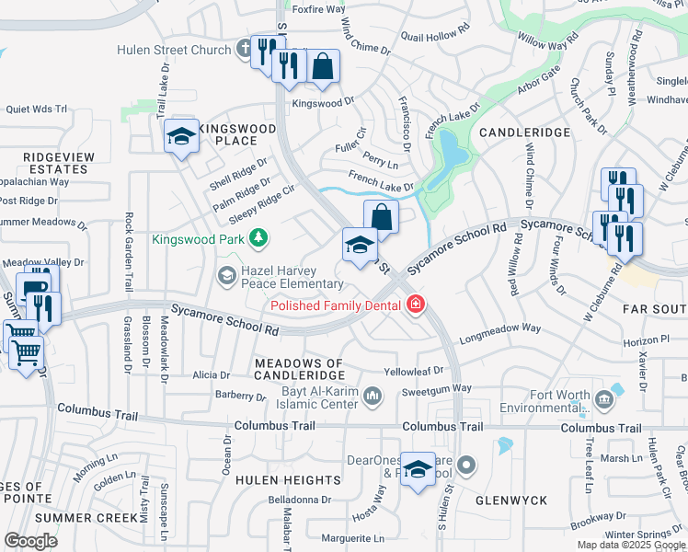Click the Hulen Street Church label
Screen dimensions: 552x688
click(173, 50)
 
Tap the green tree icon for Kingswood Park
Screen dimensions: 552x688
click(260, 238)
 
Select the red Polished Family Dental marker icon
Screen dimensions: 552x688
click(416, 305)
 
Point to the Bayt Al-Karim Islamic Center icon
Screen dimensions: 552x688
click(373, 397)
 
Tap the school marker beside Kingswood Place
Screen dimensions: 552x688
click(182, 137)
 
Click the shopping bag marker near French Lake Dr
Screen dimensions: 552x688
click(381, 217)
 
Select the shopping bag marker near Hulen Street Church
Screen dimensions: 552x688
click(322, 66)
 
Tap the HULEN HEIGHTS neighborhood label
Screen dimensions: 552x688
click(288, 480)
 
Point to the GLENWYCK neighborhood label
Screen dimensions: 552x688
click(511, 500)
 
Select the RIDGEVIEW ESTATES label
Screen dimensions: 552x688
click(59, 164)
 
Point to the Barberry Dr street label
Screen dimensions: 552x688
click(242, 396)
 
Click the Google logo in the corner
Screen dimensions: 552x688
click(30, 541)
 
